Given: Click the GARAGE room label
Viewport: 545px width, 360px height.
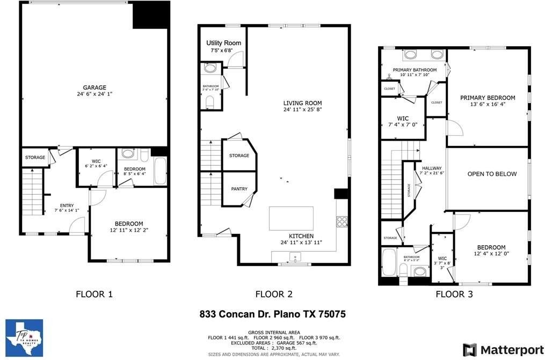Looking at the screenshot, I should tap(94, 87).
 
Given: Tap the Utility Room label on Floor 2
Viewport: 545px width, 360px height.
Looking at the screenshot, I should tap(223, 43).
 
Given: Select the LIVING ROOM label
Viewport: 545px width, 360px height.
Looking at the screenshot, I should tap(303, 103).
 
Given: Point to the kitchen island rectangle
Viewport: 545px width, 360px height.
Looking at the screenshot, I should tap(291, 218).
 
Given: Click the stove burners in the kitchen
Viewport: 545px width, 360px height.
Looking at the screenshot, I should tap(341, 221).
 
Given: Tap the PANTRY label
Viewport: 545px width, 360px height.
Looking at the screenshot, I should tap(239, 189).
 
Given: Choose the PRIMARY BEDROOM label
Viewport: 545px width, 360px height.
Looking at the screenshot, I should tap(487, 98).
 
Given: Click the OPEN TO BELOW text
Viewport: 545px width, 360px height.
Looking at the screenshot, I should tap(492, 174).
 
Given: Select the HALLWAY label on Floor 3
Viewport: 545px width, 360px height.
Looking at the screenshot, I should tap(432, 168).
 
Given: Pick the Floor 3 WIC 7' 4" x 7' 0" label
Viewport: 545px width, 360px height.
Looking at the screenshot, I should tap(403, 118).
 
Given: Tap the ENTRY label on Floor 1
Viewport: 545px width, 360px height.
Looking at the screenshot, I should tap(67, 205).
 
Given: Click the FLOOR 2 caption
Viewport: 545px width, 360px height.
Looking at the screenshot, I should tap(274, 293).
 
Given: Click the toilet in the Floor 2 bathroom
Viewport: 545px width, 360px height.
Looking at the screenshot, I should tap(210, 101).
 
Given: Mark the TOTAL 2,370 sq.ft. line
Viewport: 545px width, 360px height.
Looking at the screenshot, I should tap(274, 348).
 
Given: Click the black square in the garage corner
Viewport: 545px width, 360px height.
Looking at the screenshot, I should tap(150, 15).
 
